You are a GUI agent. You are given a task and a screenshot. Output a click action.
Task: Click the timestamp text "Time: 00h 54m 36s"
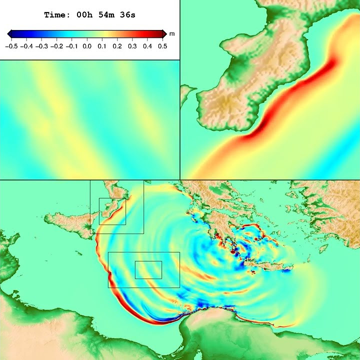[89, 15]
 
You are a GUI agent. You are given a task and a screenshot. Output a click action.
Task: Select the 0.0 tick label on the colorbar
[86, 46]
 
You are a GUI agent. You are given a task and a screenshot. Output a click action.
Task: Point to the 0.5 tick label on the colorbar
[162, 46]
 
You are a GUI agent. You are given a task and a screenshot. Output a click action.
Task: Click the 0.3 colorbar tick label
[132, 46]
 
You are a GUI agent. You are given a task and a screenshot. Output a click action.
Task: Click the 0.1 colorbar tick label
[102, 46]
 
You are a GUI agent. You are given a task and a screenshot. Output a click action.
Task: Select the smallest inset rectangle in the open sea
[148, 270]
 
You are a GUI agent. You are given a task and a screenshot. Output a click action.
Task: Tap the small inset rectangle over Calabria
[112, 211]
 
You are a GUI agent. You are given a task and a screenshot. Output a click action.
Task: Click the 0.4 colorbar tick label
[147, 46]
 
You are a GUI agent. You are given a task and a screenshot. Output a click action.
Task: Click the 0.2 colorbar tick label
[117, 46]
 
